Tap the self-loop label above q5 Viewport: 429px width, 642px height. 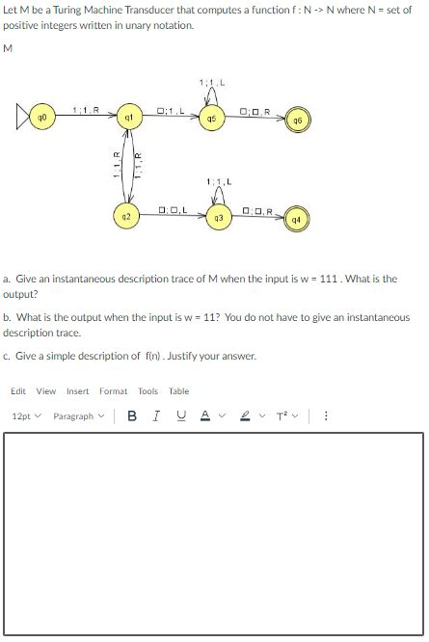pyautogui.click(x=211, y=81)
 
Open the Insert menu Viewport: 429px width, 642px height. pyautogui.click(x=77, y=391)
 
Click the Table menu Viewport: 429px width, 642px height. pyautogui.click(x=179, y=391)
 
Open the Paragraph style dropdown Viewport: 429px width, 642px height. pyautogui.click(x=77, y=416)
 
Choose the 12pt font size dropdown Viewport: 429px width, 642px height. pyautogui.click(x=25, y=416)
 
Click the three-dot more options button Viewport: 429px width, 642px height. pyautogui.click(x=327, y=416)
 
